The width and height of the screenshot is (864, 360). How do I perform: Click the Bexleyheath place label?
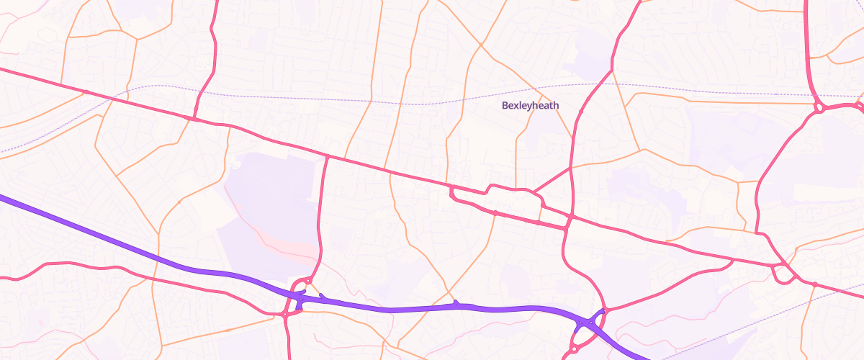[530, 105]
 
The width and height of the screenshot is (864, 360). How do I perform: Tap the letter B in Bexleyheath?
[505, 105]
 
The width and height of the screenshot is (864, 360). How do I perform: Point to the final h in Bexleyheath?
[555, 105]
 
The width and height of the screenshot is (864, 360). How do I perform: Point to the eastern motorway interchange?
[590, 322]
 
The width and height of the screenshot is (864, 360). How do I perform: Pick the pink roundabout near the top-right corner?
[819, 108]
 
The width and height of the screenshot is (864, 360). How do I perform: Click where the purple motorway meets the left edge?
[2, 196]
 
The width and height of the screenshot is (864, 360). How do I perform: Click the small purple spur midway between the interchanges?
[455, 303]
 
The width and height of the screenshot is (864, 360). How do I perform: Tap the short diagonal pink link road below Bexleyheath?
[552, 180]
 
